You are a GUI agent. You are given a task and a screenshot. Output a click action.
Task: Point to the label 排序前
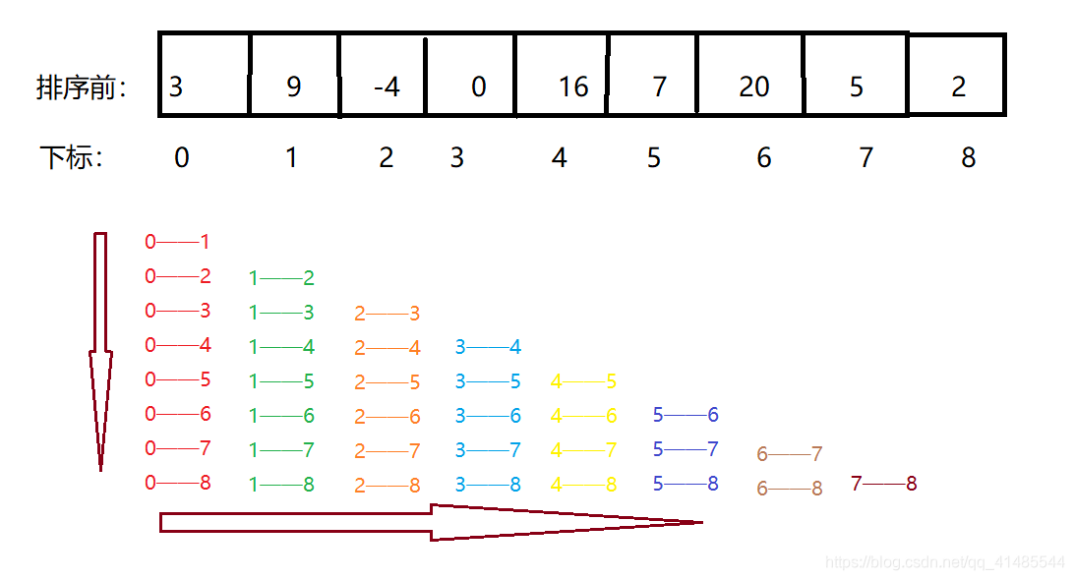[82, 87]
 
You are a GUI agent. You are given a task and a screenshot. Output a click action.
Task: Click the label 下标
[71, 157]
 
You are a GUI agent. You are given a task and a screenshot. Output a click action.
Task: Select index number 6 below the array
[764, 157]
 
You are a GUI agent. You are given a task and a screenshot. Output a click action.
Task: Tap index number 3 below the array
[457, 157]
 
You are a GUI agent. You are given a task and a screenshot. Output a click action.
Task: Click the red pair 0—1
[177, 242]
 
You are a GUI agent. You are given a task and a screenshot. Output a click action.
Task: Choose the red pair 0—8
[177, 483]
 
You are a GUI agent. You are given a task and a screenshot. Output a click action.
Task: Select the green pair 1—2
[281, 278]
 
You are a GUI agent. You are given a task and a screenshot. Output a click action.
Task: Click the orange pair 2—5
[388, 382]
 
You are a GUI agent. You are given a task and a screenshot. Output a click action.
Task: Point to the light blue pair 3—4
[488, 347]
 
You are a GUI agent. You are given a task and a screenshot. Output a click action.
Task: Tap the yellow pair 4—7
[584, 450]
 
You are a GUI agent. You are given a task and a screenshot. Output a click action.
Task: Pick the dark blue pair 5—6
[686, 415]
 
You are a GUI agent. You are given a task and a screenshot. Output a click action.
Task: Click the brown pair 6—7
[790, 454]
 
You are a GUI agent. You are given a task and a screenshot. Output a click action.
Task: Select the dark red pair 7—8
[884, 484]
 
